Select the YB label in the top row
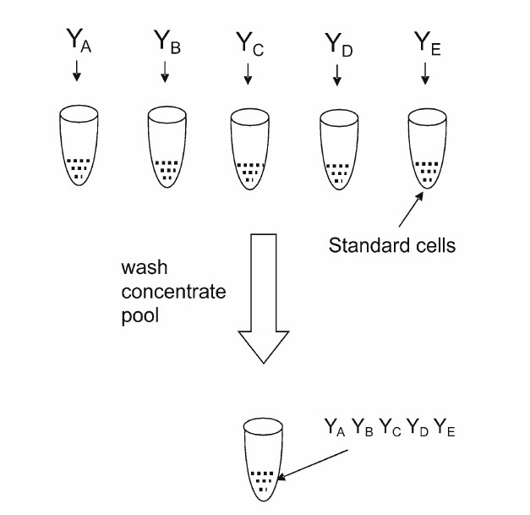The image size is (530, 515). click(x=166, y=41)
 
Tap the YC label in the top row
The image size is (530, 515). click(x=249, y=42)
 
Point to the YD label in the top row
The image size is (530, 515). click(x=336, y=42)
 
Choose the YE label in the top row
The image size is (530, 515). click(x=425, y=41)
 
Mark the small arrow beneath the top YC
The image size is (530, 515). click(x=248, y=75)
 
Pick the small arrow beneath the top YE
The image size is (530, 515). click(x=425, y=75)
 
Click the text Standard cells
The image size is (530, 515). click(x=391, y=246)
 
